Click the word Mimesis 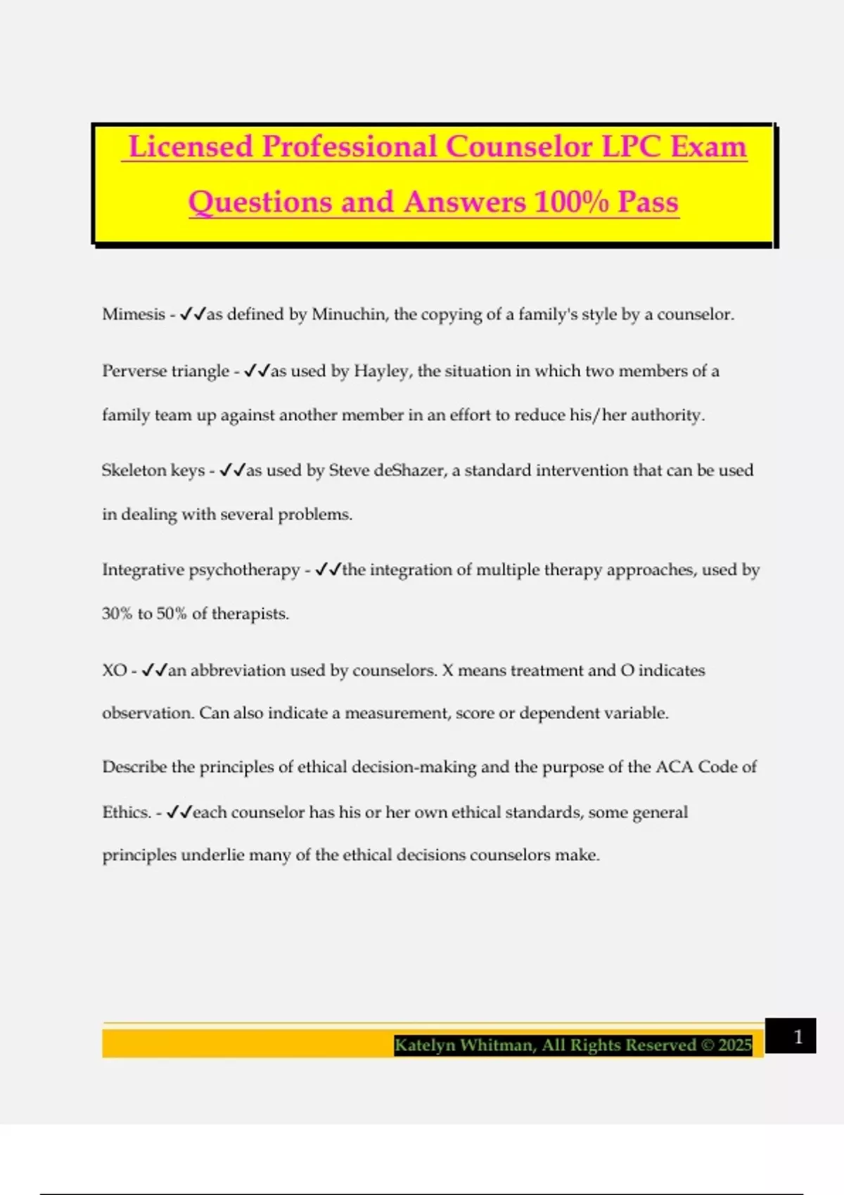click(x=134, y=314)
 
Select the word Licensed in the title click(x=191, y=147)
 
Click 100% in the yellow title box click(x=571, y=202)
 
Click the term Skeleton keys click(x=153, y=470)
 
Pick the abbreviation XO click(x=114, y=671)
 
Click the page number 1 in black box click(x=798, y=1037)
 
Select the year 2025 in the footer click(x=735, y=1045)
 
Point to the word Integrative click(x=143, y=570)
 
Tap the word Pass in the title click(x=648, y=202)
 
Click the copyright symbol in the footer click(x=707, y=1045)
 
